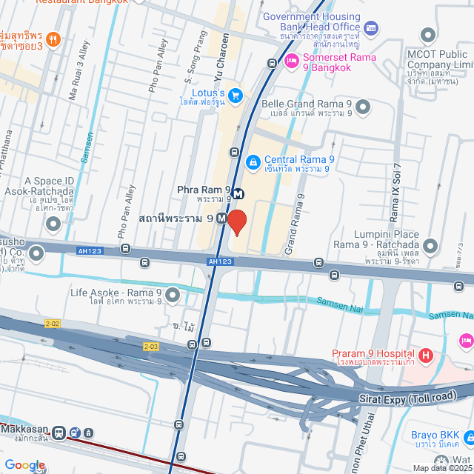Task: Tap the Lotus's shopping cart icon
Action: click(236, 95)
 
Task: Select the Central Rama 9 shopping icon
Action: click(253, 161)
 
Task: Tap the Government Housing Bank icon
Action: click(371, 28)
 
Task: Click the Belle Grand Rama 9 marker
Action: click(362, 108)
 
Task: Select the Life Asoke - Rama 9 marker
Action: click(173, 296)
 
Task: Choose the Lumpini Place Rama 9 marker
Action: click(430, 245)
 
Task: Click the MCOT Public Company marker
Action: click(427, 35)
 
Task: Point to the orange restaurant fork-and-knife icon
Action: click(52, 39)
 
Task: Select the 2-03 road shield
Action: click(151, 346)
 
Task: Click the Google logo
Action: click(24, 465)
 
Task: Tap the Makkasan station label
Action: click(26, 432)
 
